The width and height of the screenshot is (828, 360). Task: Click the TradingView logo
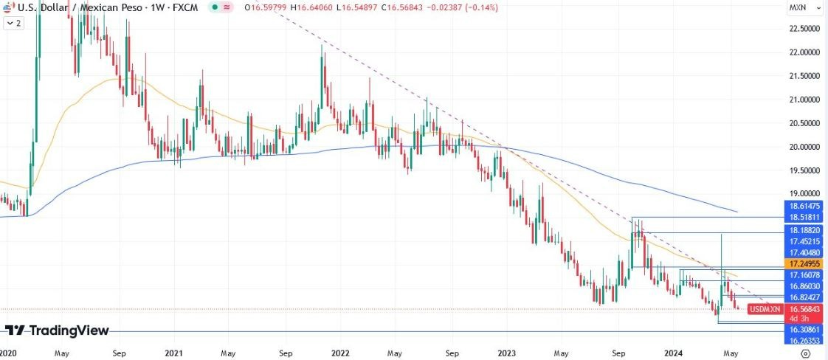click(57, 330)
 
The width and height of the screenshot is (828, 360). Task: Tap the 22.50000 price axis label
click(805, 28)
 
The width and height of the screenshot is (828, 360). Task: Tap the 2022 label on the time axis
click(340, 353)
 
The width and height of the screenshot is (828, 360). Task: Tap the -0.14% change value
click(458, 7)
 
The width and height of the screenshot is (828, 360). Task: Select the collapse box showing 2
click(13, 24)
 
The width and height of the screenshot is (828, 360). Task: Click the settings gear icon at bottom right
click(805, 353)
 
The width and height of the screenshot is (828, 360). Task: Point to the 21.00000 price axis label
click(805, 99)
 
